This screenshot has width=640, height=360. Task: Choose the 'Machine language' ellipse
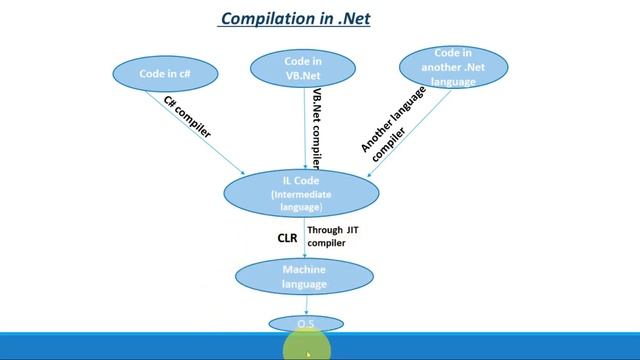tap(305, 277)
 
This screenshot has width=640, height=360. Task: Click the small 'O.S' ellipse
tap(306, 324)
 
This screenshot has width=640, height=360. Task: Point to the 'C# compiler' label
tap(187, 116)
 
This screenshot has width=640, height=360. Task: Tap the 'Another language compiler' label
tap(393, 120)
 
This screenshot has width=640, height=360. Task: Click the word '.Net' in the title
tap(352, 19)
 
